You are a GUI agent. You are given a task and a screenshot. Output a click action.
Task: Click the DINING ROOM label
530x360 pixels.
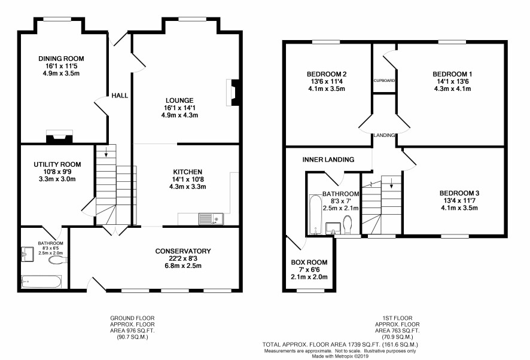tap(61, 59)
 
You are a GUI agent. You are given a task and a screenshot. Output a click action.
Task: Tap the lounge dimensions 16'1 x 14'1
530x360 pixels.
tap(179, 108)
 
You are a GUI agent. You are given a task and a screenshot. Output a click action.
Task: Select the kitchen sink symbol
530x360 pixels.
tap(211, 219)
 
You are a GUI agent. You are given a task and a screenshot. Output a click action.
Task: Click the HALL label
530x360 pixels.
tap(120, 96)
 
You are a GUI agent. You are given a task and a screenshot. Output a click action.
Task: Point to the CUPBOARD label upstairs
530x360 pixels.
tap(384, 81)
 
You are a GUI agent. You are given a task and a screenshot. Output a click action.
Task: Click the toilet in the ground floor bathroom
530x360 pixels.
tap(58, 260)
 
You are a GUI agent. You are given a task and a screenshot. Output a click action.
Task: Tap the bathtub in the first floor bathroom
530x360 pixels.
tap(315, 214)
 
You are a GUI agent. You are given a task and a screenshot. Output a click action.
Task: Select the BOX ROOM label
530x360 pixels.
tap(309, 263)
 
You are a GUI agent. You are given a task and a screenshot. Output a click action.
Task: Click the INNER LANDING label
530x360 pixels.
tap(328, 160)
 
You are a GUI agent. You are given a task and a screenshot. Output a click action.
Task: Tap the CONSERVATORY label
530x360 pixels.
tap(183, 251)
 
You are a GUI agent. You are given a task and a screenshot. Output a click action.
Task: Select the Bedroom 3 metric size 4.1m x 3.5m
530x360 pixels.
tap(459, 208)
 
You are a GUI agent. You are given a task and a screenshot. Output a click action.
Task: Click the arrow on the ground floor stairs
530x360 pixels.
tap(106, 152)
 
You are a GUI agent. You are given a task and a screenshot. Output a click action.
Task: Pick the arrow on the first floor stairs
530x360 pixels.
tap(391, 182)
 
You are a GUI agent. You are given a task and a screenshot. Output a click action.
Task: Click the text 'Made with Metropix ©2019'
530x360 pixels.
tap(340, 356)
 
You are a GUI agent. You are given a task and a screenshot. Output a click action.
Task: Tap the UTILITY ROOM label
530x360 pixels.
tap(57, 164)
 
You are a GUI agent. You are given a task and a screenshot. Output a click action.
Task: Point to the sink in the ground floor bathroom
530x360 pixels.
tap(28, 254)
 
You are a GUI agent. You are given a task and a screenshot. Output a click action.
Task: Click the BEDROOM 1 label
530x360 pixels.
tap(453, 74)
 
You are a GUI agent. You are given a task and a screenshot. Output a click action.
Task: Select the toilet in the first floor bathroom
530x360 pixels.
tap(347, 224)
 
